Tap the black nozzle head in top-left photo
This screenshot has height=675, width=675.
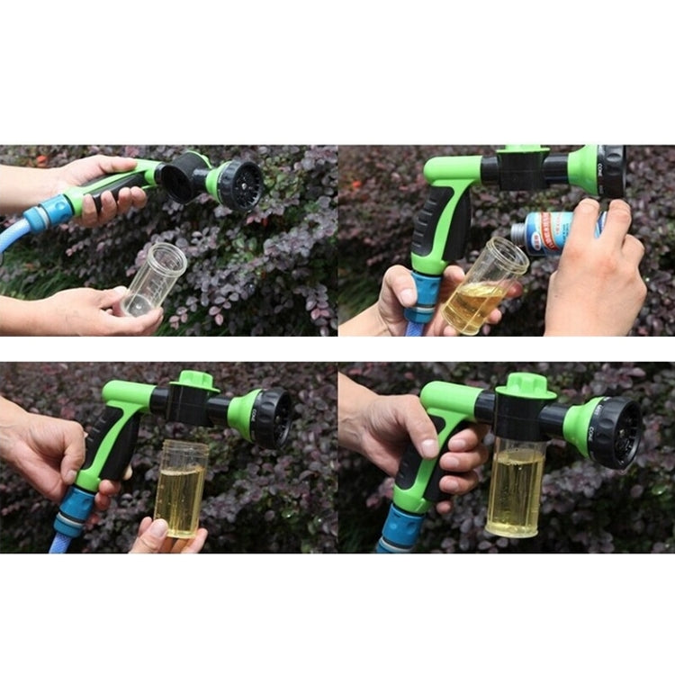click(x=239, y=184)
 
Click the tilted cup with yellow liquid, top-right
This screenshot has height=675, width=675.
click(x=483, y=285)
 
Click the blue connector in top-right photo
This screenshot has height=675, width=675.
click(x=423, y=297)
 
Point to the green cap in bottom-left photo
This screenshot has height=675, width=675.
click(x=194, y=381)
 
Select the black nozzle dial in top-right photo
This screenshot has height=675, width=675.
click(x=611, y=171)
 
